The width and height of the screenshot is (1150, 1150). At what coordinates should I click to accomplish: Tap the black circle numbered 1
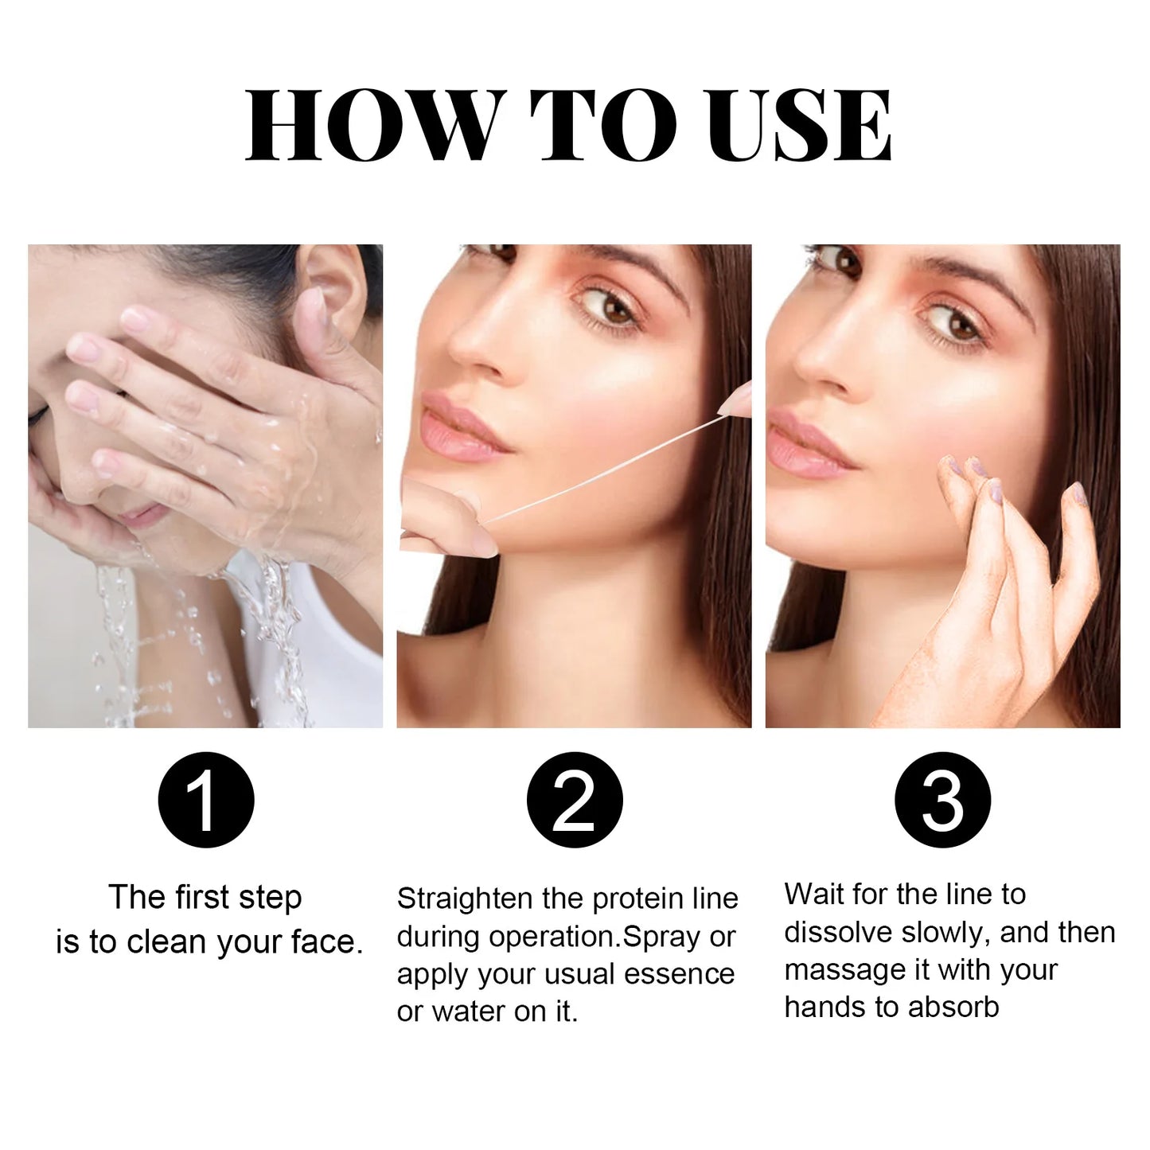coord(205,799)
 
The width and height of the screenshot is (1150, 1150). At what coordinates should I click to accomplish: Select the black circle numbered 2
coord(574,799)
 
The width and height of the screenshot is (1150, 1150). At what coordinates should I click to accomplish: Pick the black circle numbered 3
coord(942,799)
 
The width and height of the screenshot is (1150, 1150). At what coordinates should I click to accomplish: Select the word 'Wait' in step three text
coord(814,894)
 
